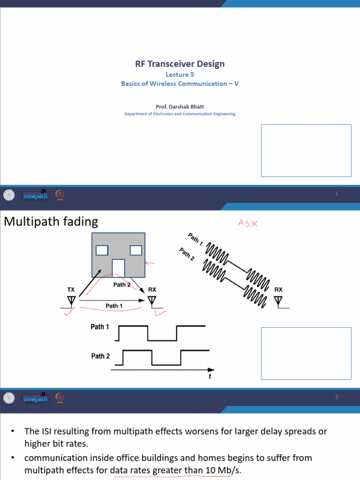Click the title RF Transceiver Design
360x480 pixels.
(x=180, y=64)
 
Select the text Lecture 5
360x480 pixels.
(x=180, y=74)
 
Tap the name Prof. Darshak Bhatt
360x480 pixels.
(x=180, y=106)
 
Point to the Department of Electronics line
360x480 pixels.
(x=180, y=114)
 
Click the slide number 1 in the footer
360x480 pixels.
(x=337, y=194)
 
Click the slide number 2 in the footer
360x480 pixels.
(x=337, y=397)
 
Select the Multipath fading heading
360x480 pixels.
(x=51, y=221)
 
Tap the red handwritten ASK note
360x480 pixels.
(x=248, y=224)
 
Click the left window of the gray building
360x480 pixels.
(x=102, y=250)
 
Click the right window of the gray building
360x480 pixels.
(x=136, y=250)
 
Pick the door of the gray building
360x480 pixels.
(x=119, y=268)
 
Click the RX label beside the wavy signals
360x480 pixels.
(x=279, y=290)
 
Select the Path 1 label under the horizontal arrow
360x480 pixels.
(x=114, y=306)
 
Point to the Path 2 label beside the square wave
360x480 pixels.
(x=100, y=356)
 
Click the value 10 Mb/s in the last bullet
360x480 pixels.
(x=223, y=470)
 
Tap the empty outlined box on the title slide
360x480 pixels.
(x=306, y=150)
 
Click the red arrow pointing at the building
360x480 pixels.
(x=150, y=263)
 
